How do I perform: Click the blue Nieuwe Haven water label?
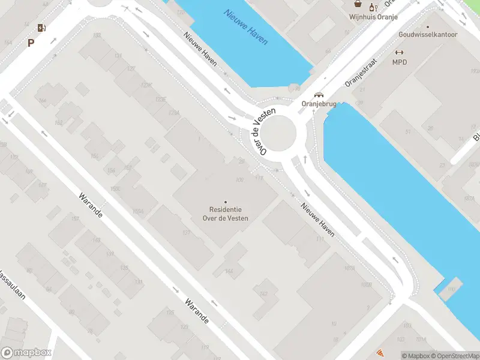(x=246, y=27)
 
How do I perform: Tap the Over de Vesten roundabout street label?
(x=263, y=133)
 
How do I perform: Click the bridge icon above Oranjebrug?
(x=319, y=94)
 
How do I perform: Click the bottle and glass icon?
(x=373, y=7)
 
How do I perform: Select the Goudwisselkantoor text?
(x=428, y=35)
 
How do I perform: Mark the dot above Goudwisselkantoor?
(x=428, y=26)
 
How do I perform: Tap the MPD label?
(x=399, y=62)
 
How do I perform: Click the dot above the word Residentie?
(x=226, y=202)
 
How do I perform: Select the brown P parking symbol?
(x=30, y=43)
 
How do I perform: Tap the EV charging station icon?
(x=41, y=28)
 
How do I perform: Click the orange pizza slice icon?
(x=380, y=353)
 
